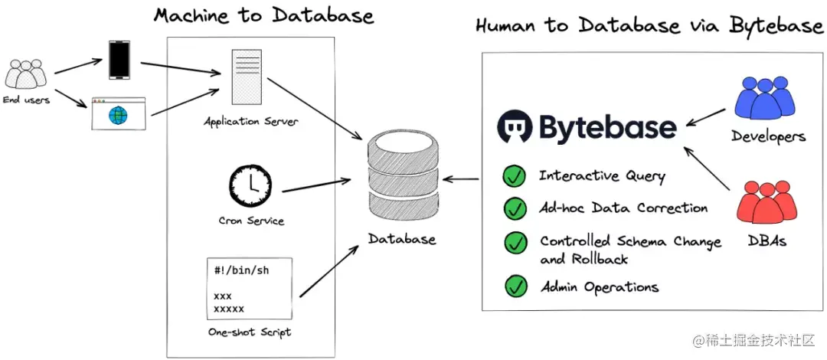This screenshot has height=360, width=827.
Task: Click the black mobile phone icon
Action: tap(119, 61)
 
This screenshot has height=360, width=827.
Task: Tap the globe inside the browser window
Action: tap(118, 116)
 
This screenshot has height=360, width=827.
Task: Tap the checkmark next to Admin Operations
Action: tap(515, 286)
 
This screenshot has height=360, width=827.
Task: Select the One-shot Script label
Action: tap(250, 332)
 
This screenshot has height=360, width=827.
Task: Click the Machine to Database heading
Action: tap(263, 15)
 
